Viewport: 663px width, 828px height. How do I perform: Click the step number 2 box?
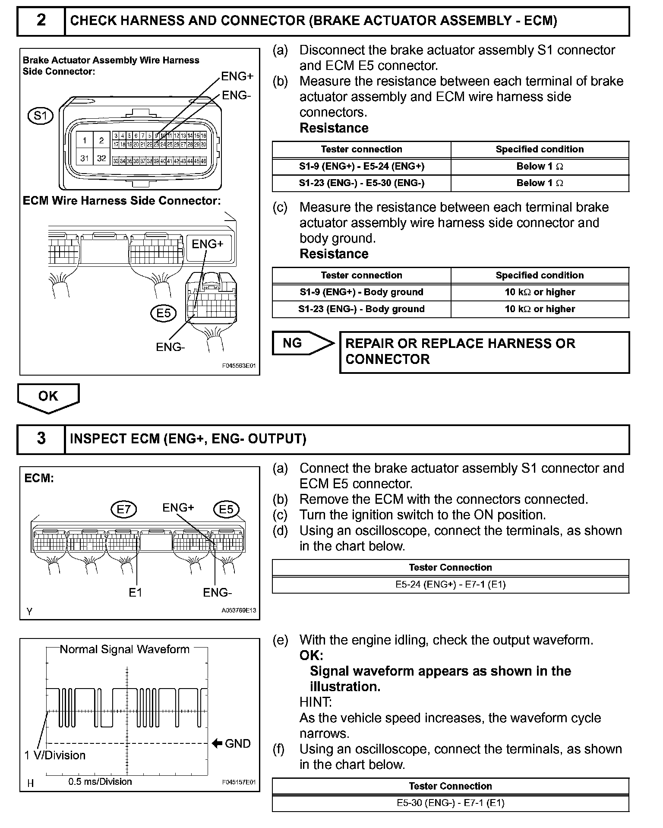[x=41, y=20]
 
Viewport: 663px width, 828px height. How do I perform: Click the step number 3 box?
[x=41, y=439]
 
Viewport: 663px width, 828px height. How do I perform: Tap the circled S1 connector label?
[x=40, y=116]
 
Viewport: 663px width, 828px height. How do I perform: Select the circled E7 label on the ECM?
[x=123, y=509]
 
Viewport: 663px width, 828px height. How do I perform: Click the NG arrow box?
[x=302, y=343]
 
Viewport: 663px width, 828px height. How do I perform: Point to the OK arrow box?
[x=48, y=396]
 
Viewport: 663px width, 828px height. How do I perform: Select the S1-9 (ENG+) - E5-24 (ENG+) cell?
[x=361, y=166]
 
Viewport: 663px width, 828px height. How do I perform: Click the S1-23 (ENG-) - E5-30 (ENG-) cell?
[x=361, y=183]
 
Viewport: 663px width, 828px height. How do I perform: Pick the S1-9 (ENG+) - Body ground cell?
[x=361, y=292]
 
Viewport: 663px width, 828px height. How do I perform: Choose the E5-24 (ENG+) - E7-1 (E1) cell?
[x=450, y=585]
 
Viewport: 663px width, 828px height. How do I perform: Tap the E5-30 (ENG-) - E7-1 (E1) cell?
[x=450, y=803]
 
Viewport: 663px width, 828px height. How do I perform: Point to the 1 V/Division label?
[x=55, y=755]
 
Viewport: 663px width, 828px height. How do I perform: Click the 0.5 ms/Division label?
[x=100, y=782]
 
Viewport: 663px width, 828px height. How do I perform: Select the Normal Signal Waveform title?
[x=124, y=650]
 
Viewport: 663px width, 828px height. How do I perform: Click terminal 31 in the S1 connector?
[x=85, y=158]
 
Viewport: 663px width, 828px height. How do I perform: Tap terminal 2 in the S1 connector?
[x=101, y=140]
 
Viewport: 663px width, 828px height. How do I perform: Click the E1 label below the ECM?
[x=135, y=593]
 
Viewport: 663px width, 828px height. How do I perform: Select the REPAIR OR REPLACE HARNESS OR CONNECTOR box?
[x=484, y=352]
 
